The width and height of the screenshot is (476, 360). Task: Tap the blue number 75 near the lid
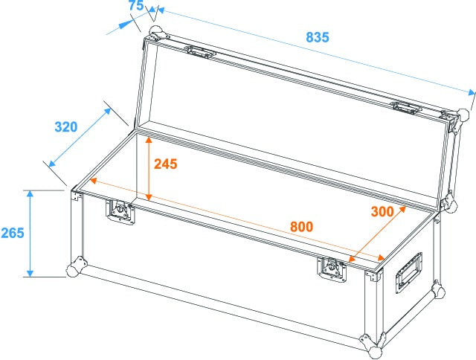pyautogui.click(x=135, y=6)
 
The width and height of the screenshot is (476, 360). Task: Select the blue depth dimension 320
pyautogui.click(x=65, y=127)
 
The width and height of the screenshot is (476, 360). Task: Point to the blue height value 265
pyautogui.click(x=12, y=233)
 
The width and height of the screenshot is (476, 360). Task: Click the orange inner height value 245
pyautogui.click(x=165, y=164)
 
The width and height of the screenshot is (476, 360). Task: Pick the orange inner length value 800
pyautogui.click(x=301, y=226)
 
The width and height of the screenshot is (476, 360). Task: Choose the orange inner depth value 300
pyautogui.click(x=382, y=211)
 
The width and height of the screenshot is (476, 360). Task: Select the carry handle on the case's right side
pyautogui.click(x=408, y=271)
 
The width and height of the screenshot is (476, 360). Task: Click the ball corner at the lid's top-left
pyautogui.click(x=155, y=33)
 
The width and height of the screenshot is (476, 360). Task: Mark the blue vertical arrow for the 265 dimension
pyautogui.click(x=30, y=233)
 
